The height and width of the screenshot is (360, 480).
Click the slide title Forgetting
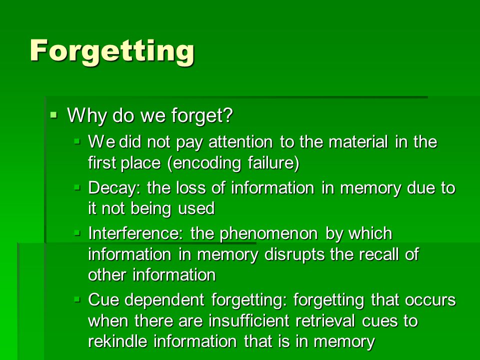point(112,51)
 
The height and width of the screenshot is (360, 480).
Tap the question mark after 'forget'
point(228,115)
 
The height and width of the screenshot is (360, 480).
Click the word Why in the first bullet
point(87,115)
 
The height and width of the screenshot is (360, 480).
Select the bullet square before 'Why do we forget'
point(54,115)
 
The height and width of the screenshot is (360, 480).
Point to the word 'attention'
point(240,142)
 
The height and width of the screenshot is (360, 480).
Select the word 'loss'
point(190,187)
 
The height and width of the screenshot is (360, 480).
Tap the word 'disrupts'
point(294,254)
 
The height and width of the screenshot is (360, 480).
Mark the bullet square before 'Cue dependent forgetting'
point(77,299)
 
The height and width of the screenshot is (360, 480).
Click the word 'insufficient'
point(249,321)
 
